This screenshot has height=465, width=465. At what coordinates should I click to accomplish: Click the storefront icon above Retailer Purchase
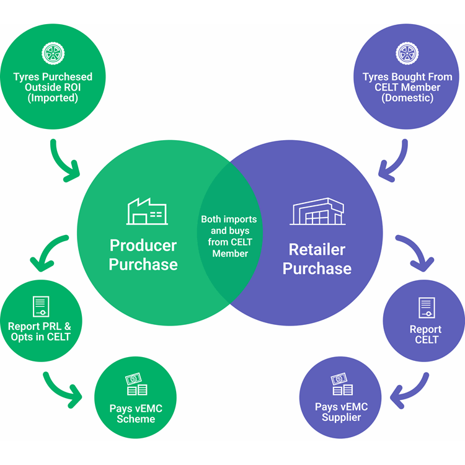pyautogui.click(x=318, y=212)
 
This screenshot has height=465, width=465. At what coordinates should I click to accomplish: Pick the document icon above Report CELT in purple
pyautogui.click(x=427, y=308)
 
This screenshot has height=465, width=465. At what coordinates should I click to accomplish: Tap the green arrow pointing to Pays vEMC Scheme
pyautogui.click(x=63, y=385)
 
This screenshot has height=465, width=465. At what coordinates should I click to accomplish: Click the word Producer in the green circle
pyautogui.click(x=143, y=245)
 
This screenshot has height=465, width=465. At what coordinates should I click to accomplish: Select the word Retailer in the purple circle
pyautogui.click(x=317, y=250)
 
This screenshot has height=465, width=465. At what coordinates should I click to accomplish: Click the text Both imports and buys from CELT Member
pyautogui.click(x=229, y=236)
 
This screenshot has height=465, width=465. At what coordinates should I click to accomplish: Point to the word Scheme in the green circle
pyautogui.click(x=136, y=419)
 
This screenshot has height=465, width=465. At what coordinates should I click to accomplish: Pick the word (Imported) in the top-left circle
pyautogui.click(x=53, y=97)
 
